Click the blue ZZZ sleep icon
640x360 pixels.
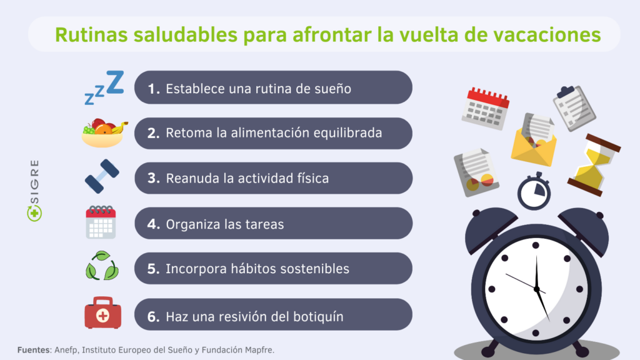[104, 87]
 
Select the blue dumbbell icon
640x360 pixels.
[102, 176]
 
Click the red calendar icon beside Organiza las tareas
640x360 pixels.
[101, 222]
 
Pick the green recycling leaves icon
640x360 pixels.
[102, 266]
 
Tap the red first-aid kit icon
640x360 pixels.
[103, 312]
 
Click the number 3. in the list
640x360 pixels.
[154, 178]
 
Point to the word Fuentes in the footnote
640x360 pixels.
[34, 350]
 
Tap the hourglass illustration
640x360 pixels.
[594, 165]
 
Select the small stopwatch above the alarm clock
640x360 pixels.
[534, 191]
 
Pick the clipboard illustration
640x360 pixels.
[574, 107]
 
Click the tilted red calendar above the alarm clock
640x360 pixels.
[486, 109]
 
